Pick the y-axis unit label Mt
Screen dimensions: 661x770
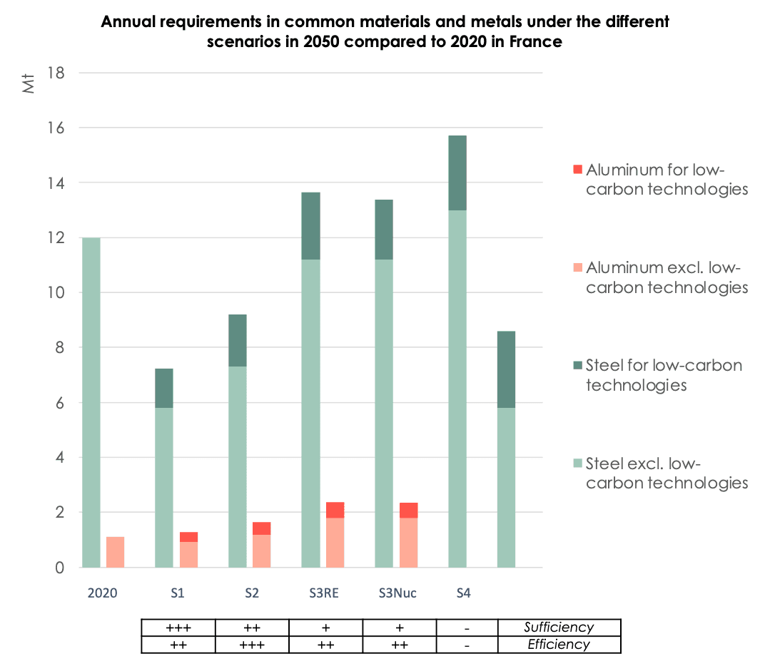[29, 83]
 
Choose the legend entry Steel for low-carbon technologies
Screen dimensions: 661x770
[664, 375]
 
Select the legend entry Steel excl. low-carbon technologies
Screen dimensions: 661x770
[667, 473]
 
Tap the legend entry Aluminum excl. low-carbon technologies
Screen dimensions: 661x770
[667, 277]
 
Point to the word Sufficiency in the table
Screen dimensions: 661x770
[559, 627]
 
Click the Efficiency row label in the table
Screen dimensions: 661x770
[559, 645]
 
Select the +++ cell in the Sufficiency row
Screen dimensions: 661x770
[178, 627]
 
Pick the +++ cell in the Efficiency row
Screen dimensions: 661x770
[252, 645]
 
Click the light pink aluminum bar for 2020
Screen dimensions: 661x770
[116, 552]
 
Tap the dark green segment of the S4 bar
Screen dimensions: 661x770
[457, 173]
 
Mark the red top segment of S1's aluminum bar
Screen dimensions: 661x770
[188, 537]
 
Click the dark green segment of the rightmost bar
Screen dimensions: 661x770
[507, 369]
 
